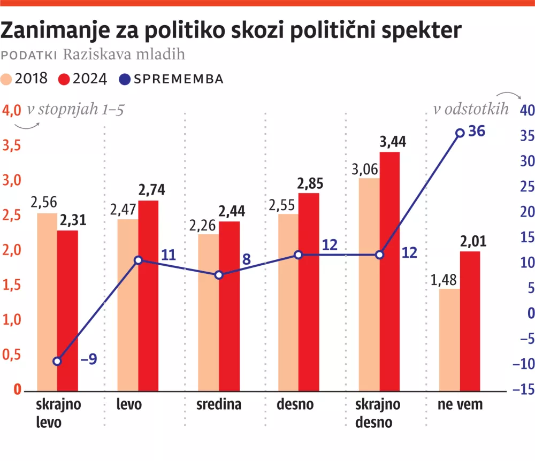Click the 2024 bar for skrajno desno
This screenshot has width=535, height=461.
pos(389,271)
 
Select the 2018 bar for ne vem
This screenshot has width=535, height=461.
pos(449,339)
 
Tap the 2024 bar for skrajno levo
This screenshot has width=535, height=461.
pos(68,310)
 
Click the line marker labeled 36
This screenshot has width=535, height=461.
pos(459,133)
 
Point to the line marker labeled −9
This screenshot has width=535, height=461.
pos(58,362)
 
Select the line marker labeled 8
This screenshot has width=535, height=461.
pos(219,275)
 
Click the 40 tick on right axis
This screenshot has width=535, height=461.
pos(526,111)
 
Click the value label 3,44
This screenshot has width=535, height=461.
pos(392,142)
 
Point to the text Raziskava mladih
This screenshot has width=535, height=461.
pos(124,55)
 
